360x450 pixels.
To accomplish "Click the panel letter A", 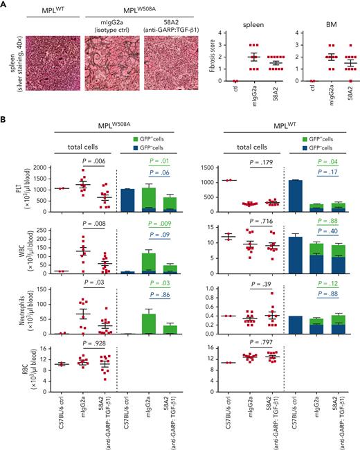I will [x=4, y=5].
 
